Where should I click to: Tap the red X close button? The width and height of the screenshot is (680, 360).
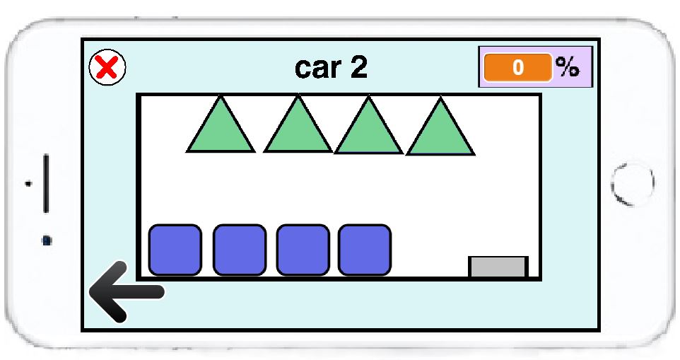tap(107, 68)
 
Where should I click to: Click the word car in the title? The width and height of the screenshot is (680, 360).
tap(317, 68)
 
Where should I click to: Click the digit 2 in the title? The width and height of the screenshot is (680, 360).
tap(358, 68)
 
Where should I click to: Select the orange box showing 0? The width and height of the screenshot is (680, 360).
tap(517, 67)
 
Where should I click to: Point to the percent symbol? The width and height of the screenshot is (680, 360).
tap(567, 67)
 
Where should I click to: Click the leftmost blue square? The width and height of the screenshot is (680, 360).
tap(175, 250)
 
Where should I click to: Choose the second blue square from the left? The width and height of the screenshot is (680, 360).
tap(239, 250)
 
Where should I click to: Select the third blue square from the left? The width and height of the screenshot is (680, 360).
tap(303, 250)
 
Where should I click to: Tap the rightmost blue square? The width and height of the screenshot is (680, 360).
tap(365, 250)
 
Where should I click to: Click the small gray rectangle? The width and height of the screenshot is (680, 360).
tap(498, 267)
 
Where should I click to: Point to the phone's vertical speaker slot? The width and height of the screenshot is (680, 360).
tap(47, 183)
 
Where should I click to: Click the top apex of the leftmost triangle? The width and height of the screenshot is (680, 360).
tap(221, 98)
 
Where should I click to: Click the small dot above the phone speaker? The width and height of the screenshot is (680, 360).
tap(29, 183)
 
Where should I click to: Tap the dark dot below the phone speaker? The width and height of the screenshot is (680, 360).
tap(47, 240)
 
